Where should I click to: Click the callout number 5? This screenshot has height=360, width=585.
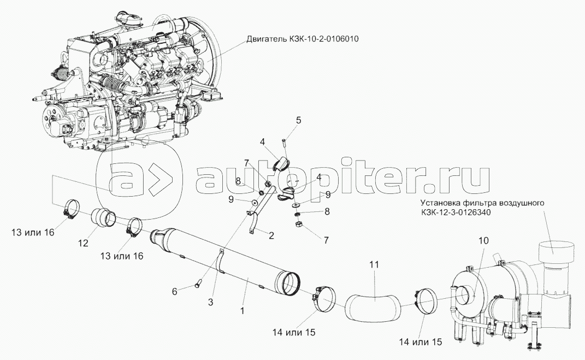tap(298, 121)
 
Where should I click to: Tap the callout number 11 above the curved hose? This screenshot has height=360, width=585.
tap(374, 265)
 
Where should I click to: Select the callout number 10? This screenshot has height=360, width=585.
tap(483, 241)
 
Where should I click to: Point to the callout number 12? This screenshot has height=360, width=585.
tap(83, 243)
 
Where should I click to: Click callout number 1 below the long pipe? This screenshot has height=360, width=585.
tap(243, 310)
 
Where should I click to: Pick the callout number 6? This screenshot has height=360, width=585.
tap(174, 291)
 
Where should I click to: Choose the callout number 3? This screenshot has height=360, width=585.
tap(210, 302)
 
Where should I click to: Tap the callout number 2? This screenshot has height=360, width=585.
tap(271, 235)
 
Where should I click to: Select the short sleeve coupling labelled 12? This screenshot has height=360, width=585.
tap(104, 217)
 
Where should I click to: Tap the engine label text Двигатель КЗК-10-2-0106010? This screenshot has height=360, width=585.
tap(303, 39)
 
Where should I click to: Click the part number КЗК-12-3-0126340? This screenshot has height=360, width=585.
tap(456, 213)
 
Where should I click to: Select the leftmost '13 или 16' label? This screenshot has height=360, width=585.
tap(33, 232)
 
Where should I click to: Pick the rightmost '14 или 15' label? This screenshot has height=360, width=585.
tap(421, 342)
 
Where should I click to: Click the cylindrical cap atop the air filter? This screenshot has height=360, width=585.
tap(556, 253)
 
